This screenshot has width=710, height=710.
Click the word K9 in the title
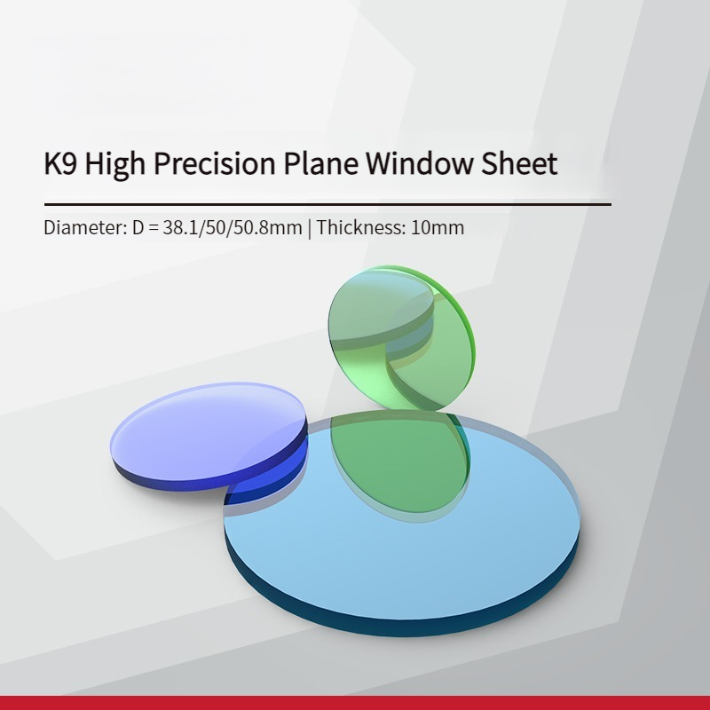click(x=60, y=163)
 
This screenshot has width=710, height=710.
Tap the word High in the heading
click(x=115, y=164)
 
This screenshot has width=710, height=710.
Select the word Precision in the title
click(x=214, y=163)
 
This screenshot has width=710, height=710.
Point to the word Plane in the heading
click(x=320, y=163)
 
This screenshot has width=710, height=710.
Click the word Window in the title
click(x=419, y=163)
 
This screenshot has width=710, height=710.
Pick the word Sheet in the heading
click(x=519, y=163)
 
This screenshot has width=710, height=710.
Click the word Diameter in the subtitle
click(x=85, y=227)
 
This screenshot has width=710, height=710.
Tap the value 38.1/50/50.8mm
click(x=233, y=227)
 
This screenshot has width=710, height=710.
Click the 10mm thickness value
click(x=438, y=227)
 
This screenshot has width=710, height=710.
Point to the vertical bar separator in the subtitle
click(x=309, y=228)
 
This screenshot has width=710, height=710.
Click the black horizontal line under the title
click(x=327, y=205)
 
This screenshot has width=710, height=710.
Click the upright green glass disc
click(x=402, y=338)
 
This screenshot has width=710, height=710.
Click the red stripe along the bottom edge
click(x=355, y=703)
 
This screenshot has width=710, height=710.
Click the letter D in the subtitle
click(x=138, y=227)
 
